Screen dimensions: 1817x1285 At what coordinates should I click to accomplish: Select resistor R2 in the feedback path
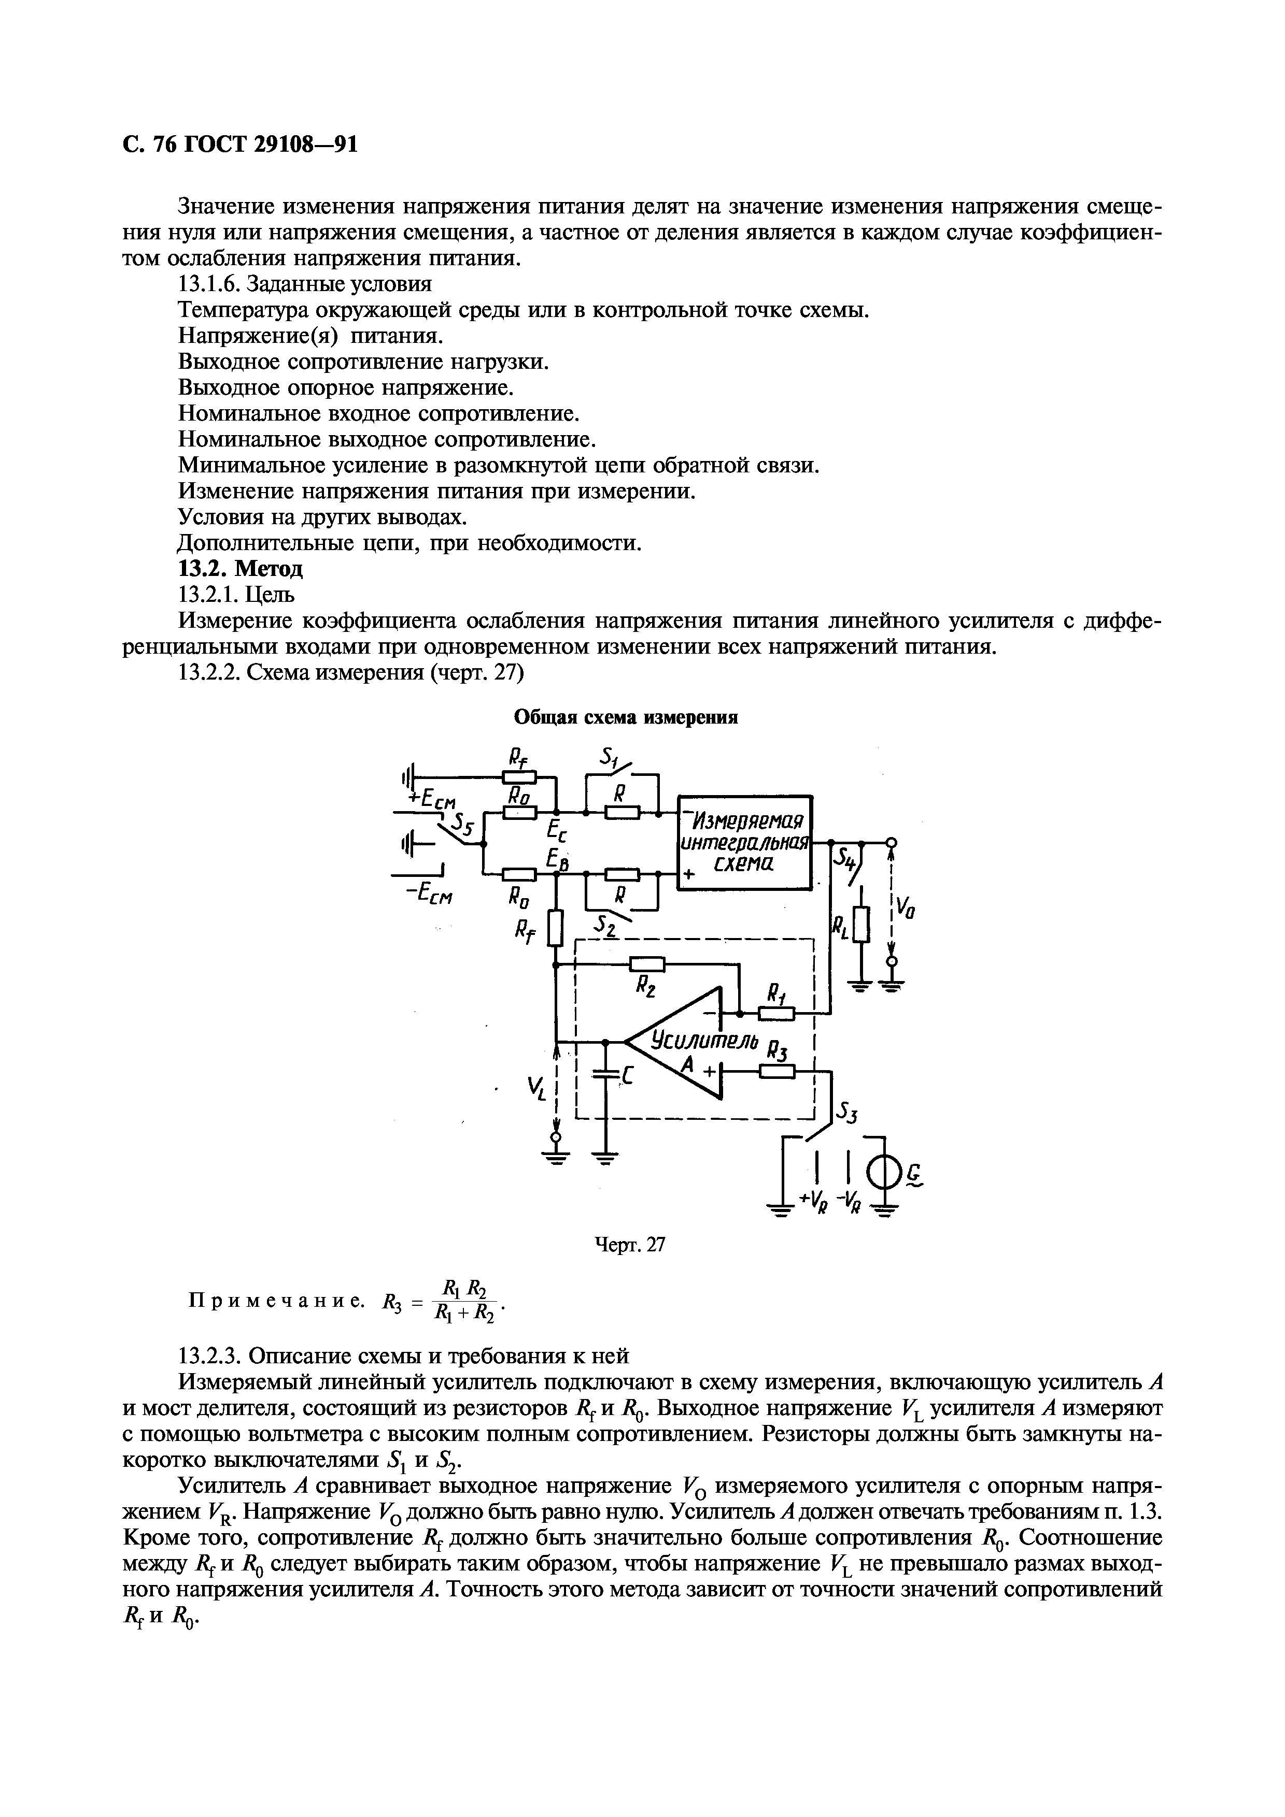coord(647,964)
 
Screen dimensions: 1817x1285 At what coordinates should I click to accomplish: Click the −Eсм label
coord(429,894)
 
